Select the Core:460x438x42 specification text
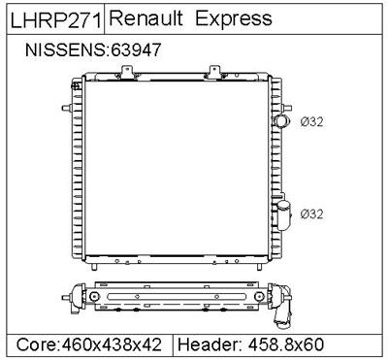(x=88, y=344)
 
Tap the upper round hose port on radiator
(x=283, y=121)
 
